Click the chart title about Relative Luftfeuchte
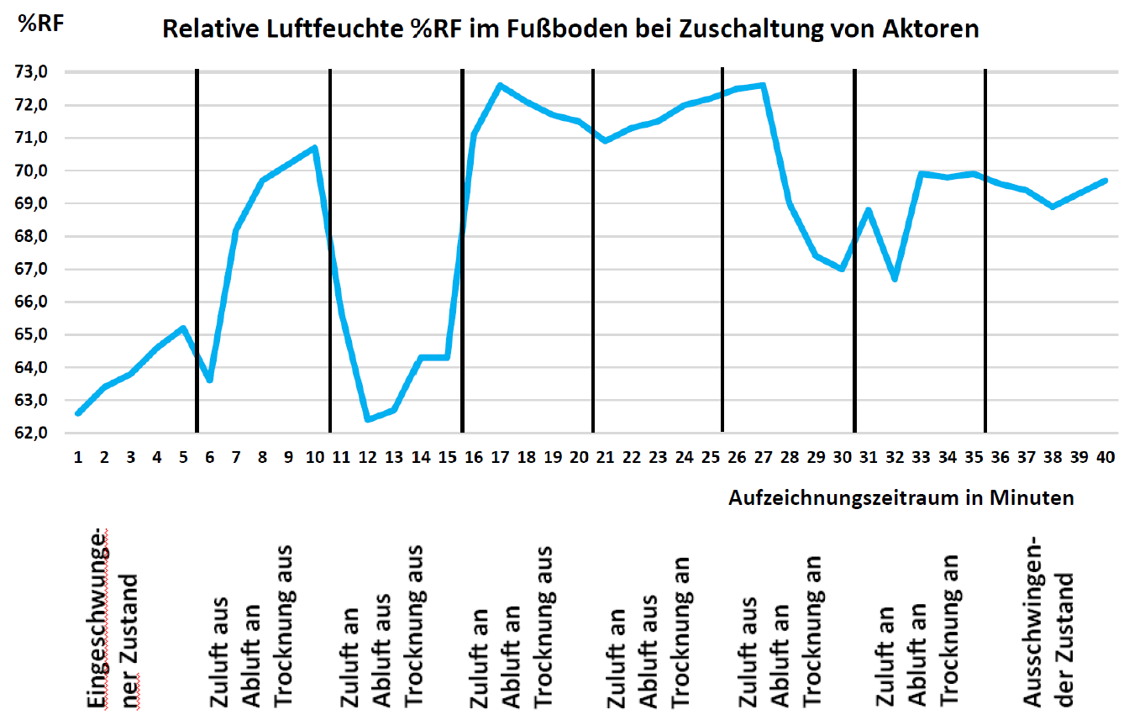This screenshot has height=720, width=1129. tap(570, 29)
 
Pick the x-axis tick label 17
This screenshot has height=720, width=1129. tap(501, 457)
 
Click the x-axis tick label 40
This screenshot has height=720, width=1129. tap(1105, 457)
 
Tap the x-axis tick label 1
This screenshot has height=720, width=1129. tap(78, 457)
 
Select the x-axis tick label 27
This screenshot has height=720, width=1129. tap(763, 457)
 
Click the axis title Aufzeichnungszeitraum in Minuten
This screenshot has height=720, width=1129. tap(901, 498)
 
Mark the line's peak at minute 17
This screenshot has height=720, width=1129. tap(500, 85)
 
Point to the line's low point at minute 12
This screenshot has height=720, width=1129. tap(368, 419)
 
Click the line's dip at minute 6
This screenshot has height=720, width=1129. tap(210, 381)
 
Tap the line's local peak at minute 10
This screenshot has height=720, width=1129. tap(315, 148)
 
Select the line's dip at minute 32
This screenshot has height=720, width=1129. tap(895, 279)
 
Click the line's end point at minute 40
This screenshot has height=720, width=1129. tap(1105, 181)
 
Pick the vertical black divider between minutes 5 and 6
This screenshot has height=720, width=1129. tap(197, 252)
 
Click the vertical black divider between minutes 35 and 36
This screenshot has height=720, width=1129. tap(985, 252)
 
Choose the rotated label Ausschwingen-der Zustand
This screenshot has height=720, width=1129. tap(1050, 613)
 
